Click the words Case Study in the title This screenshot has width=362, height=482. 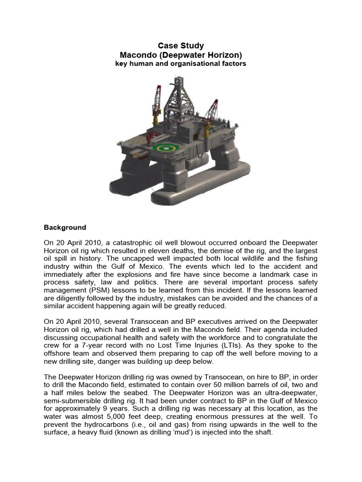pyautogui.click(x=181, y=46)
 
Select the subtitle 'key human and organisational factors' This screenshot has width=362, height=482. pyautogui.click(x=181, y=64)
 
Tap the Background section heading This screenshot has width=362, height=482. pyautogui.click(x=65, y=227)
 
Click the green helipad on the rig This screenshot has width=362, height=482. pyautogui.click(x=165, y=148)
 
